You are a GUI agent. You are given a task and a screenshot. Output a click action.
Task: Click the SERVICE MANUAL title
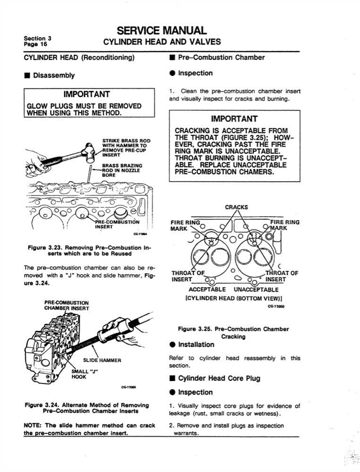[x=162, y=31]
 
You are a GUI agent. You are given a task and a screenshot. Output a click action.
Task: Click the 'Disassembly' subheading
[x=53, y=75]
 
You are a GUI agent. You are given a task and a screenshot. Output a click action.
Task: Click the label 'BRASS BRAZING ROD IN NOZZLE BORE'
[x=120, y=170]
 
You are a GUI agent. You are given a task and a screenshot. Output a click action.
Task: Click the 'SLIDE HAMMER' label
[x=102, y=360]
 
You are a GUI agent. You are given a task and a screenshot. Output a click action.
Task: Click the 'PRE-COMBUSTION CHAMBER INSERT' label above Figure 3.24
[x=66, y=305]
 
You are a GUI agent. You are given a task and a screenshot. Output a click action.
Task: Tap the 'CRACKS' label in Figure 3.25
[x=236, y=207]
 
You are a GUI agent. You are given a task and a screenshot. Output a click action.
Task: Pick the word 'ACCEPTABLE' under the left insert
[x=207, y=289]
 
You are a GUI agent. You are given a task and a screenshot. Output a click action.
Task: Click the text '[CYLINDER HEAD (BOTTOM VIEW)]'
[x=235, y=298]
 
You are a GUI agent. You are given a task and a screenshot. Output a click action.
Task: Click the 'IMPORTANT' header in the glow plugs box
[x=87, y=94]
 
